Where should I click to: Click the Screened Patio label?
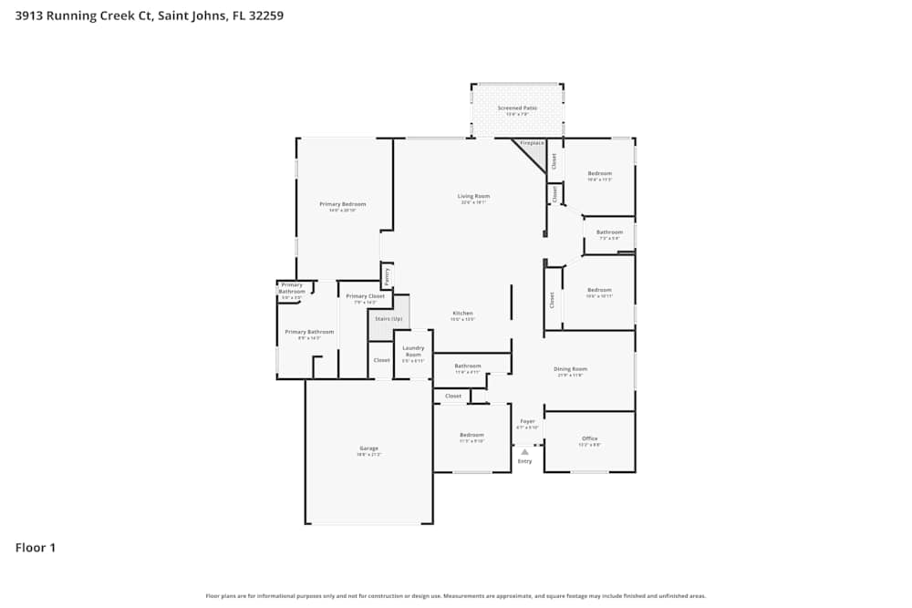click(517, 108)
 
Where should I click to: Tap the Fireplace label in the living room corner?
click(532, 143)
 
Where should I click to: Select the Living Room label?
click(473, 196)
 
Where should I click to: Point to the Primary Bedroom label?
click(342, 203)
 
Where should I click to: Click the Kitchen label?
click(463, 313)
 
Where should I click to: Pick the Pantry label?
click(387, 273)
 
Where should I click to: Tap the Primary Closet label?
click(365, 296)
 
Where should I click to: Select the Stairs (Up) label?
click(389, 318)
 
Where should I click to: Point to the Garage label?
click(368, 448)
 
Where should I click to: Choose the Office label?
click(589, 438)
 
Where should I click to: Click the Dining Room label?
click(571, 369)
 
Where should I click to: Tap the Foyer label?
click(527, 421)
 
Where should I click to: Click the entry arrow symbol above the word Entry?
click(524, 451)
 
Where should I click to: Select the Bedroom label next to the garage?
click(472, 435)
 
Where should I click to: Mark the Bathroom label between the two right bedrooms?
click(609, 232)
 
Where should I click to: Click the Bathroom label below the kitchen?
click(467, 366)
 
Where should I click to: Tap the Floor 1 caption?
click(36, 548)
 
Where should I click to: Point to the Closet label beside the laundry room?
click(381, 360)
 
